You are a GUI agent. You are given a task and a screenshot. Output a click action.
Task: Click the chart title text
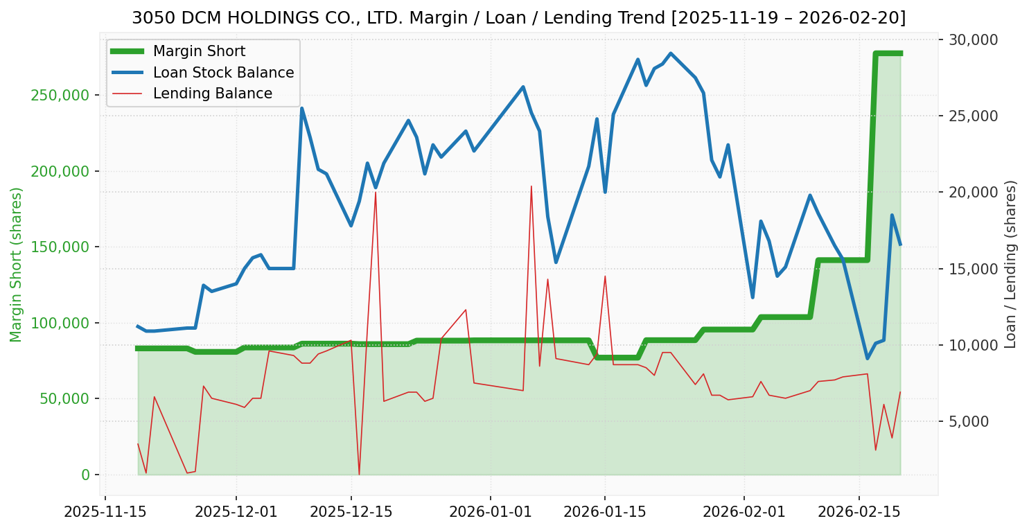click(x=518, y=18)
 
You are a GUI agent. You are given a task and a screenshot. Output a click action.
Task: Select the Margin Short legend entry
click(x=199, y=51)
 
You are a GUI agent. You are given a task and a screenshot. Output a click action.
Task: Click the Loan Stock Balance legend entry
click(x=223, y=73)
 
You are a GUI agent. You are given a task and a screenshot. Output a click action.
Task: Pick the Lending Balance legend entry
click(x=212, y=94)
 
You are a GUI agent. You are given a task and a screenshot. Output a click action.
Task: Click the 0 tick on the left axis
click(x=85, y=475)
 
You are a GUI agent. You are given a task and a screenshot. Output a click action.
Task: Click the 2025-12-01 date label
click(x=236, y=513)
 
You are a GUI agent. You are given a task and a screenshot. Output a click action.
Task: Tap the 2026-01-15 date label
click(x=605, y=513)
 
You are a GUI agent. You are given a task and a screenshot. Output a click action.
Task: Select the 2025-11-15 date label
click(x=105, y=513)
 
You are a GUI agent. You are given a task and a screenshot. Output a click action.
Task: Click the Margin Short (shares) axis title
click(x=17, y=265)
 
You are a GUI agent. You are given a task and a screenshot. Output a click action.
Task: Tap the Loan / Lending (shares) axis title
click(x=1011, y=265)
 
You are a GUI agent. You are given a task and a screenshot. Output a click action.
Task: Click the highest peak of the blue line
click(x=670, y=53)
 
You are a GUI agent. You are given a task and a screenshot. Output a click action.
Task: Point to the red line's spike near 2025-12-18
click(x=376, y=193)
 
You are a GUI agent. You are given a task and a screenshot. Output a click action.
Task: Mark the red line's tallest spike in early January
click(x=531, y=186)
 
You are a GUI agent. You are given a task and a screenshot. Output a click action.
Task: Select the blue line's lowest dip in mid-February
click(x=867, y=358)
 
